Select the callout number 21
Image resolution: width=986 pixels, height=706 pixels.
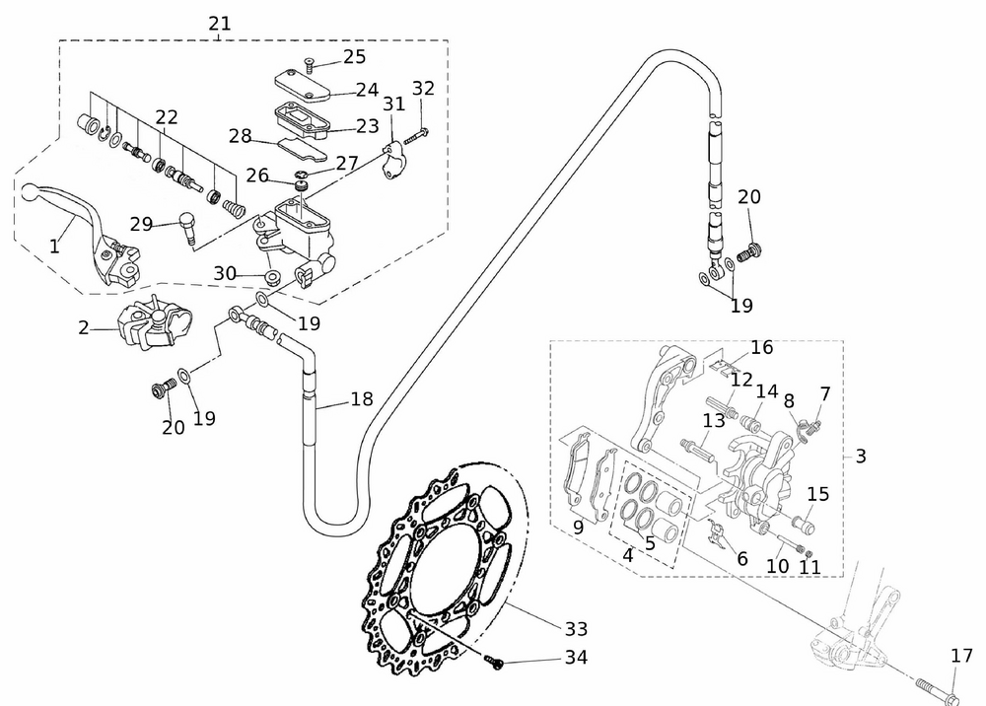coord(220,23)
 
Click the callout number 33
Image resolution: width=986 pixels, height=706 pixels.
coord(577,628)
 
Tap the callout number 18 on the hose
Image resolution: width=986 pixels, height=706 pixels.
coord(362,399)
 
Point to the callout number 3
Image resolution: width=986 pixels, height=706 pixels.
coord(861,457)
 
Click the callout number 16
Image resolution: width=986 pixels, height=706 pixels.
coord(761,347)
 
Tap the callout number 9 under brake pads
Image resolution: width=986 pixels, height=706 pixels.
coord(578,527)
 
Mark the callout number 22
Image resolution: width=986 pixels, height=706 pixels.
coord(166,116)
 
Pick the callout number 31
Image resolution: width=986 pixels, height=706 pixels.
coord(393,104)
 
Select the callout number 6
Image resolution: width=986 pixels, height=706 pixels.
coord(742,558)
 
